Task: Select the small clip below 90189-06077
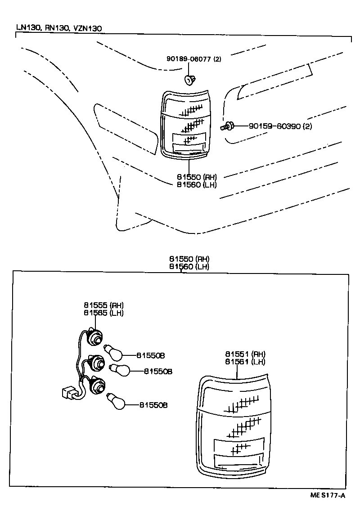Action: pyautogui.click(x=189, y=80)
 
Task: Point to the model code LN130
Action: pyautogui.click(x=28, y=28)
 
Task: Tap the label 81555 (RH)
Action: pyautogui.click(x=103, y=306)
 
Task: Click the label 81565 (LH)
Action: pyautogui.click(x=103, y=313)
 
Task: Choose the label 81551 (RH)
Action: pyautogui.click(x=245, y=354)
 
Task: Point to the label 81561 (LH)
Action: pyautogui.click(x=245, y=361)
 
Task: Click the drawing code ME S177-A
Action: pyautogui.click(x=327, y=496)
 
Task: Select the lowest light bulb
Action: pyautogui.click(x=117, y=401)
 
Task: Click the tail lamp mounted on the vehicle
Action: pyautogui.click(x=184, y=124)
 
